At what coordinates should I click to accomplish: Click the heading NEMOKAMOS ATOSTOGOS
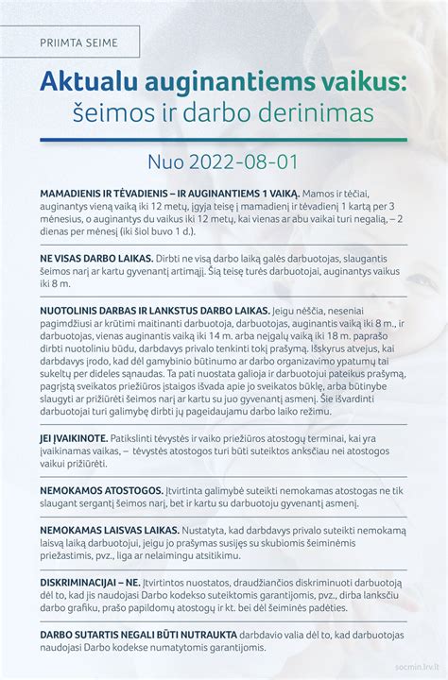pos(93,490)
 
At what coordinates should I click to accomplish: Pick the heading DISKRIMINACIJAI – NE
pos(88,583)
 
